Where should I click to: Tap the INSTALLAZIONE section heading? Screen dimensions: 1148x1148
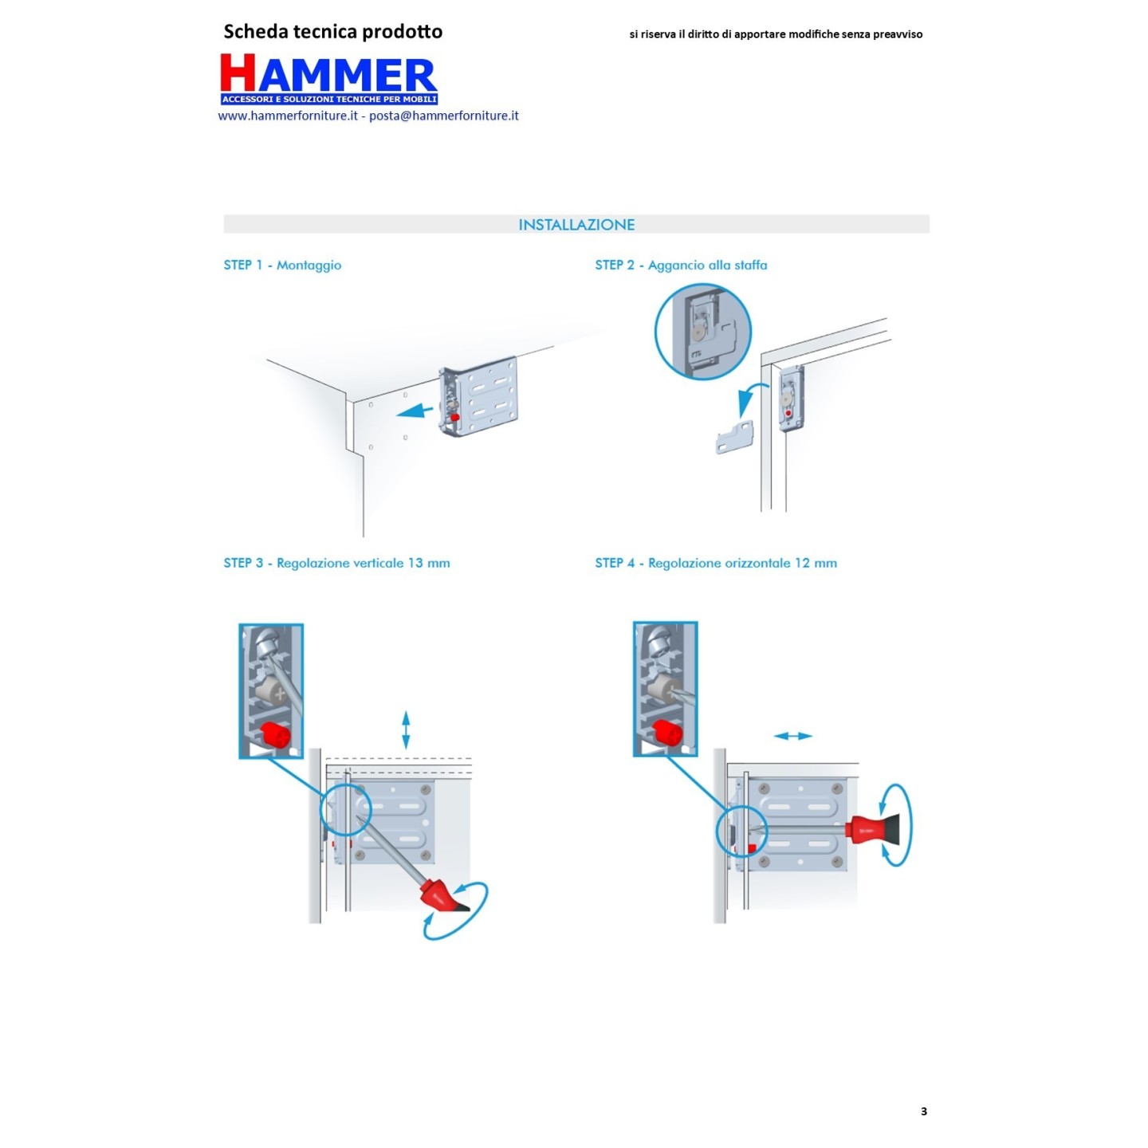coord(576,225)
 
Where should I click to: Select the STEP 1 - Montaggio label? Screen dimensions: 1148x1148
coord(282,265)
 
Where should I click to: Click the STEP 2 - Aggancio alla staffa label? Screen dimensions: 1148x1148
coord(681,265)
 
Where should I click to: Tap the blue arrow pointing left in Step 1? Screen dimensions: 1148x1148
coord(415,411)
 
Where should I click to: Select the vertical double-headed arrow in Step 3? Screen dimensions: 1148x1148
coord(406,729)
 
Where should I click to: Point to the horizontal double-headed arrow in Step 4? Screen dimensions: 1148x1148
coord(793,737)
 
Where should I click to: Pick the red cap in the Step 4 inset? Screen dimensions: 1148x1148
coord(667,732)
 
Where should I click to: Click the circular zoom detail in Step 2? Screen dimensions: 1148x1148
coord(703,332)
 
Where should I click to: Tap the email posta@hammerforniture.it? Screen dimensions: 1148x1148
coord(444,116)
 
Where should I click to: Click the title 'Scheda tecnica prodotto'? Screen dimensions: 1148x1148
coord(333,32)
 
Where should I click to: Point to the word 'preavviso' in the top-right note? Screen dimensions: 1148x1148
coord(898,34)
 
